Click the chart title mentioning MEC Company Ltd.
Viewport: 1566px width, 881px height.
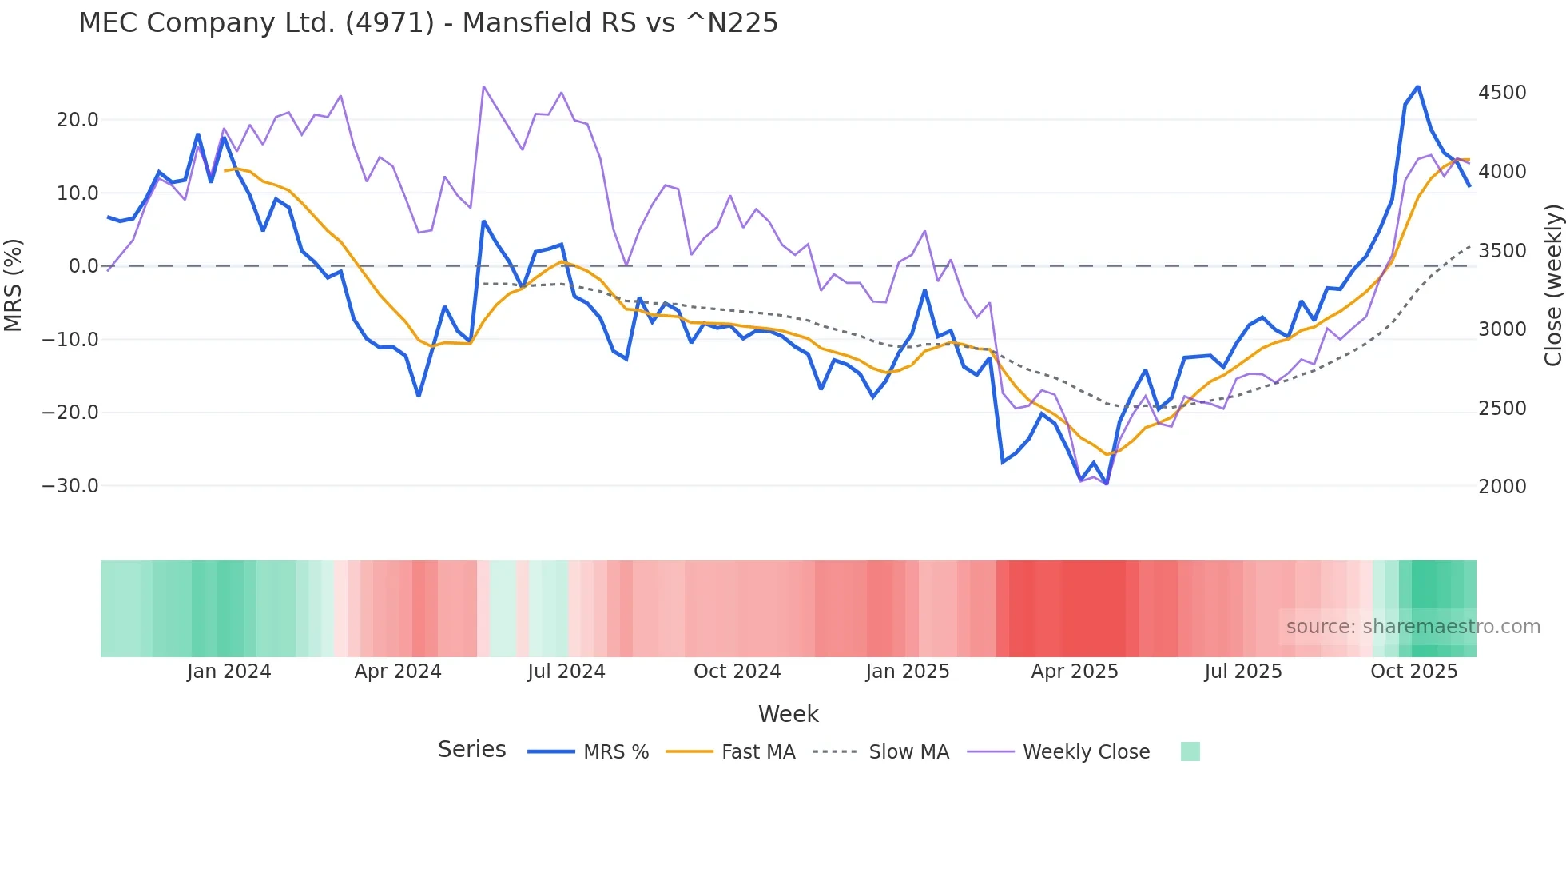click(428, 23)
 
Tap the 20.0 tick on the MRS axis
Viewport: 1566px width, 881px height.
click(78, 120)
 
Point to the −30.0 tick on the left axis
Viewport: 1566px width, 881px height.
click(70, 486)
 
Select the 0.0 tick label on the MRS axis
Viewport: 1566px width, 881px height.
click(83, 266)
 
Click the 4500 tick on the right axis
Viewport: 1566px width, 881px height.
click(1502, 93)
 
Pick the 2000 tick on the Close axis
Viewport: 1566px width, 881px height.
click(1502, 487)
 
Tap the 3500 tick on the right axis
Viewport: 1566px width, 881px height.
click(1502, 251)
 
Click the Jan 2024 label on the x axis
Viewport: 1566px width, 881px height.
click(229, 672)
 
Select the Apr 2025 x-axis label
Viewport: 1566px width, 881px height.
click(1075, 672)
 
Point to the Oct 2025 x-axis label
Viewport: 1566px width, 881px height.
click(1414, 672)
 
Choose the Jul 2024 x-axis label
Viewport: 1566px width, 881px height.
click(566, 672)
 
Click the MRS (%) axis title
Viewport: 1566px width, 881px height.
click(14, 285)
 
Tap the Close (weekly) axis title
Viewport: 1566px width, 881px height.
click(1552, 285)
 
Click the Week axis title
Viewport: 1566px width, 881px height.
click(788, 714)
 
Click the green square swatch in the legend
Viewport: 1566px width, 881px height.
click(1190, 751)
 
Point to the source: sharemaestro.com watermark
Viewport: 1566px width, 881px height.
click(1413, 627)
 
